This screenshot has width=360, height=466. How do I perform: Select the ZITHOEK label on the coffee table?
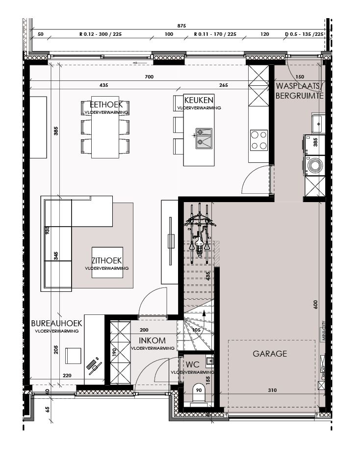point(106,261)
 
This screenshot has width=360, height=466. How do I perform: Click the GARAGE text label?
point(270,353)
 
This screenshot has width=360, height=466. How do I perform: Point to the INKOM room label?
point(152,340)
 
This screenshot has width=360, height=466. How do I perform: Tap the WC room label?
point(192,364)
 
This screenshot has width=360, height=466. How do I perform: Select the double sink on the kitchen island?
point(204,138)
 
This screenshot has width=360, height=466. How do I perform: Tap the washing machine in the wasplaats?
point(314,166)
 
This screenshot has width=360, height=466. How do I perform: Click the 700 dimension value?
point(149,77)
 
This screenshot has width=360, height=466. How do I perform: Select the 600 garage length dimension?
point(315,304)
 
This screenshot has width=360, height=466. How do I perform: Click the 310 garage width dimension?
point(272,390)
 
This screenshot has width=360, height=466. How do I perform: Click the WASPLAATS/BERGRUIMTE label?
point(299,91)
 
